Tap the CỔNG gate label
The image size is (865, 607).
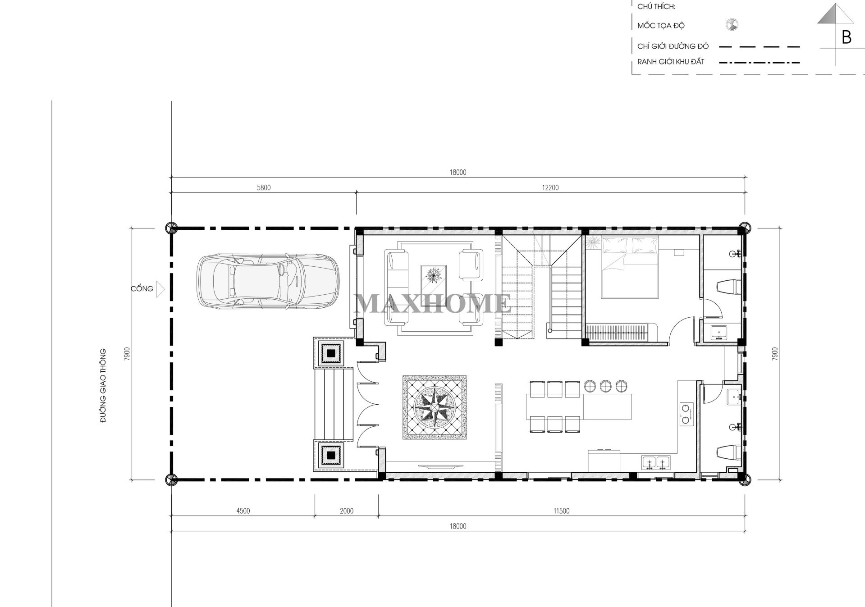tap(142, 288)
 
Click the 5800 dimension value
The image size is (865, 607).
tap(264, 187)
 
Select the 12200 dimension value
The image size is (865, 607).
tap(550, 187)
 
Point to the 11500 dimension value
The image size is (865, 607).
tap(561, 511)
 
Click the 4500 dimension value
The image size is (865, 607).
tap(243, 511)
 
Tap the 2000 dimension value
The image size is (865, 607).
tap(346, 511)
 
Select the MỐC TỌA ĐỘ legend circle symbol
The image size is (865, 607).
tap(732, 25)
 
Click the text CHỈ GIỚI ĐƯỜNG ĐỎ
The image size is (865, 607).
tap(673, 46)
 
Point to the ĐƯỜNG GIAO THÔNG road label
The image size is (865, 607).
tap(103, 385)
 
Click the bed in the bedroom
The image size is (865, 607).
tap(630, 267)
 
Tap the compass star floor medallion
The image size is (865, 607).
tap(434, 407)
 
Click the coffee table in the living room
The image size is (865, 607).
tap(434, 279)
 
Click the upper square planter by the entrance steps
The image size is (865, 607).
tap(331, 353)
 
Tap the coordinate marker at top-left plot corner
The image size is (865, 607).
tap(171, 228)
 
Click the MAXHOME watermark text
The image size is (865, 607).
tap(433, 303)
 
